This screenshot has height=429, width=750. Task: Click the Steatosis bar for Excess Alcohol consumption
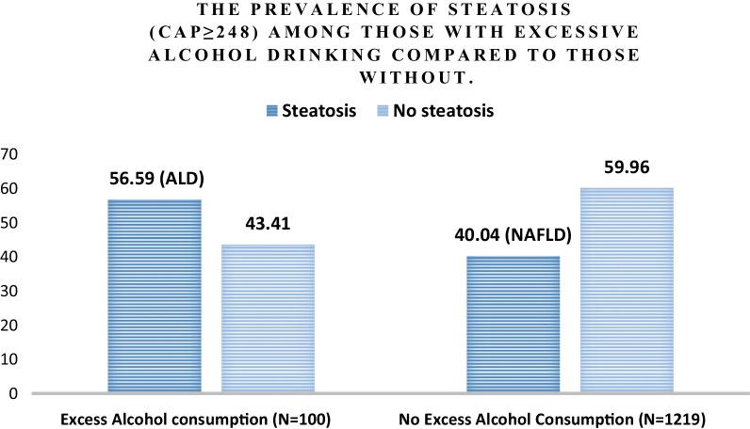155,296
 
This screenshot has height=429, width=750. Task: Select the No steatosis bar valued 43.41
268,319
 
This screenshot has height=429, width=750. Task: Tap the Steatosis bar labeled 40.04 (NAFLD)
514,325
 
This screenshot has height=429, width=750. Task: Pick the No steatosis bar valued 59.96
627,291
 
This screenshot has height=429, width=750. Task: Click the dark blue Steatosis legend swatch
273,111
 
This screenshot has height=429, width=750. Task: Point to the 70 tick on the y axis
11,154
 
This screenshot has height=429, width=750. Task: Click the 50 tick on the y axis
11,223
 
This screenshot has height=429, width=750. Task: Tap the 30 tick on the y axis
11,292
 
